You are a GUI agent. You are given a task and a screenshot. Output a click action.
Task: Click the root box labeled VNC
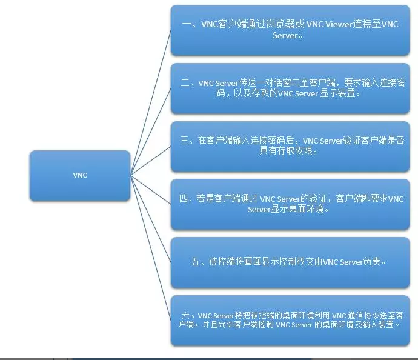[80, 176]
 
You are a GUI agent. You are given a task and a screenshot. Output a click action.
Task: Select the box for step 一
[290, 30]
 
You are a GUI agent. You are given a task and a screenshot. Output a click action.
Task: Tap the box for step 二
[290, 88]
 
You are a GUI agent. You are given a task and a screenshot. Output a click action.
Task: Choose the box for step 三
[290, 146]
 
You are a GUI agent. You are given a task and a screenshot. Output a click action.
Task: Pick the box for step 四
[290, 204]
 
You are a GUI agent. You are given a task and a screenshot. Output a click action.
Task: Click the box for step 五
[290, 262]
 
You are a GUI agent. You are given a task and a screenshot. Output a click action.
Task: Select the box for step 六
[290, 320]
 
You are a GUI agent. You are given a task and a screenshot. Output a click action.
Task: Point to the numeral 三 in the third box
[185, 141]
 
